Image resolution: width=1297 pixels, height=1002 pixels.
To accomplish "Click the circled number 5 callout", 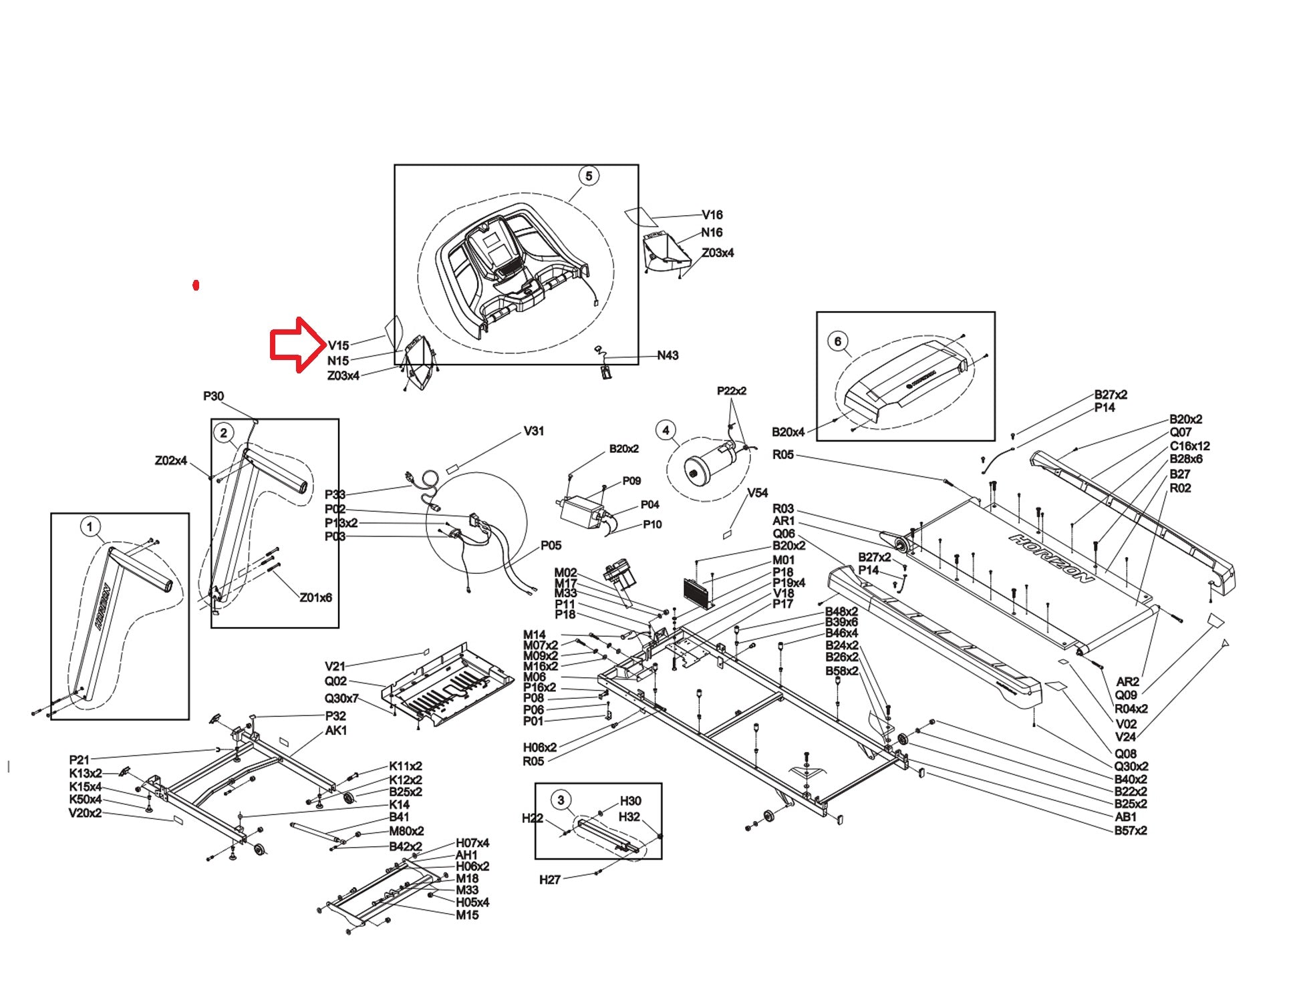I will pos(588,176).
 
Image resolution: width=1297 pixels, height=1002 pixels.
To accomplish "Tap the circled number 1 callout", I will pos(90,526).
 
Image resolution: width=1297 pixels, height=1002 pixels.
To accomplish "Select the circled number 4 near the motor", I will pos(665,430).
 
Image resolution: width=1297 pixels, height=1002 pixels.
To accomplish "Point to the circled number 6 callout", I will pos(838,341).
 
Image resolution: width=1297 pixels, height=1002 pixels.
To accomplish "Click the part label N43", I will pos(668,355).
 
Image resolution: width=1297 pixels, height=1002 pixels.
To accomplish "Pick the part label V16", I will pos(712,215).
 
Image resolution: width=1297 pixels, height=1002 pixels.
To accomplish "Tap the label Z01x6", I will pos(315,598).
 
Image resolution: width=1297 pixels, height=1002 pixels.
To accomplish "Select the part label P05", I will pos(551,546).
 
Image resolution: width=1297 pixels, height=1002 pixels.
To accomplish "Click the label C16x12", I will pos(1189,446).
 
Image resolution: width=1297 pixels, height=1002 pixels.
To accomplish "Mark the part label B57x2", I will pos(1131,830).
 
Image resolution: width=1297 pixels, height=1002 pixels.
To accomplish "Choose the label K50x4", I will pos(86,800).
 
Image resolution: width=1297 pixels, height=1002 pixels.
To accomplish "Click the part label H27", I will pos(549,880).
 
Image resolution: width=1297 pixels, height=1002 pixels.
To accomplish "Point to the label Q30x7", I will pos(341,699).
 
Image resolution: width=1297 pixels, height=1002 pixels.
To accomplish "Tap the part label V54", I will pos(757,493).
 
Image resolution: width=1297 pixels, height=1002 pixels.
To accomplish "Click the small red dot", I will pos(196,286).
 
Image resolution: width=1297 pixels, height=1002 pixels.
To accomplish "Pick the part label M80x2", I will pos(406,832).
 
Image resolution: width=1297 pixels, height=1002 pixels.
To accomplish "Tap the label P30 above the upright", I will pos(213,396).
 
